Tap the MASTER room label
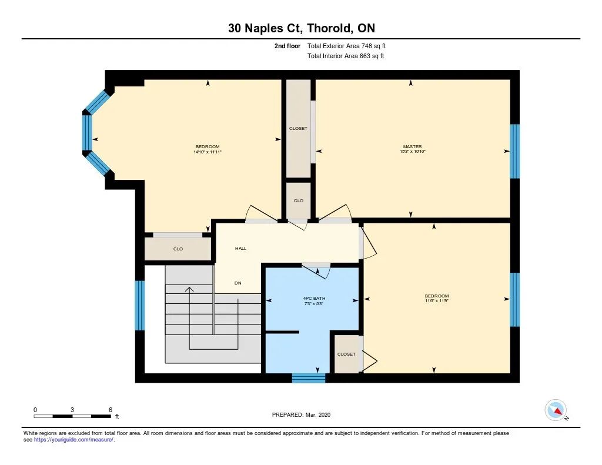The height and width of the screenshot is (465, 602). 412,146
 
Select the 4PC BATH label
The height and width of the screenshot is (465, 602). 314,298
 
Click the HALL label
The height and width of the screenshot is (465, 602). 240,249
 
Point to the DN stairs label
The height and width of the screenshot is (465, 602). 238,283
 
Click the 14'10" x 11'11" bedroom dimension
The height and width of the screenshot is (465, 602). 208,152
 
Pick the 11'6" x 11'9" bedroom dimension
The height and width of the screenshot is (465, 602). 437,300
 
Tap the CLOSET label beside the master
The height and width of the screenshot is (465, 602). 298,128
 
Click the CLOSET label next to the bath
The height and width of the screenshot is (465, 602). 346,354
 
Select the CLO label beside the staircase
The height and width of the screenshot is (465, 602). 178,249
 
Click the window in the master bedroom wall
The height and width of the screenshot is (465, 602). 514,151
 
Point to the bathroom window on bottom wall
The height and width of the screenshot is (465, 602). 309,378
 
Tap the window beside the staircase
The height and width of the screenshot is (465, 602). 140,306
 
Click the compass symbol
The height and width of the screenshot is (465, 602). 556,410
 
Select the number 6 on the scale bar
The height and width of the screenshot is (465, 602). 110,410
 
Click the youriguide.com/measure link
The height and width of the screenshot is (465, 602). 74,440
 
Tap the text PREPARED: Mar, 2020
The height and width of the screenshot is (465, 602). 301,414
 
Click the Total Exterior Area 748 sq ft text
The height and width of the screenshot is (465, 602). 346,46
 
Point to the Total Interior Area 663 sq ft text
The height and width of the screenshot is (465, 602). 346,56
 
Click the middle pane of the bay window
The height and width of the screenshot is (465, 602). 87,132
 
